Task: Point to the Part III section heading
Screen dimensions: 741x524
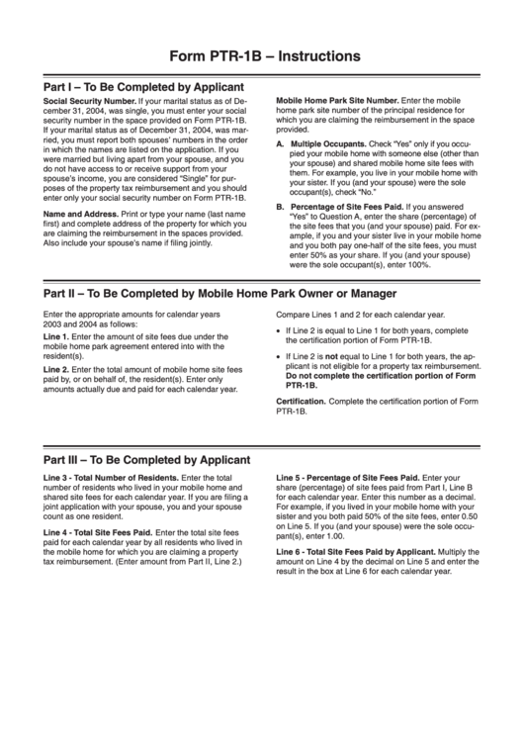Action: click(144, 460)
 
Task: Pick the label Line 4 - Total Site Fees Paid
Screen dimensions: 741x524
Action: click(97, 532)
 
